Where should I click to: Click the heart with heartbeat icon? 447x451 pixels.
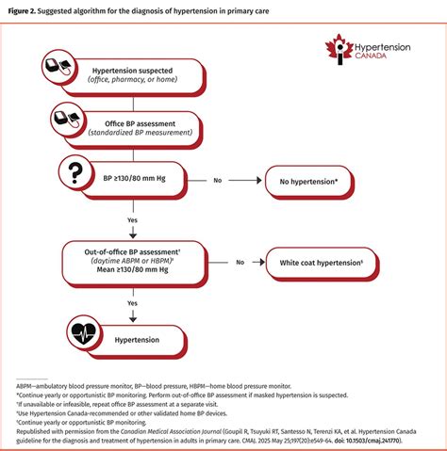tap(84, 332)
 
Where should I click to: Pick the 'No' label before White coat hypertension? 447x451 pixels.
tap(240, 263)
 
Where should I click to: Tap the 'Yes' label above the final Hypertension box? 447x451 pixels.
tap(133, 302)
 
